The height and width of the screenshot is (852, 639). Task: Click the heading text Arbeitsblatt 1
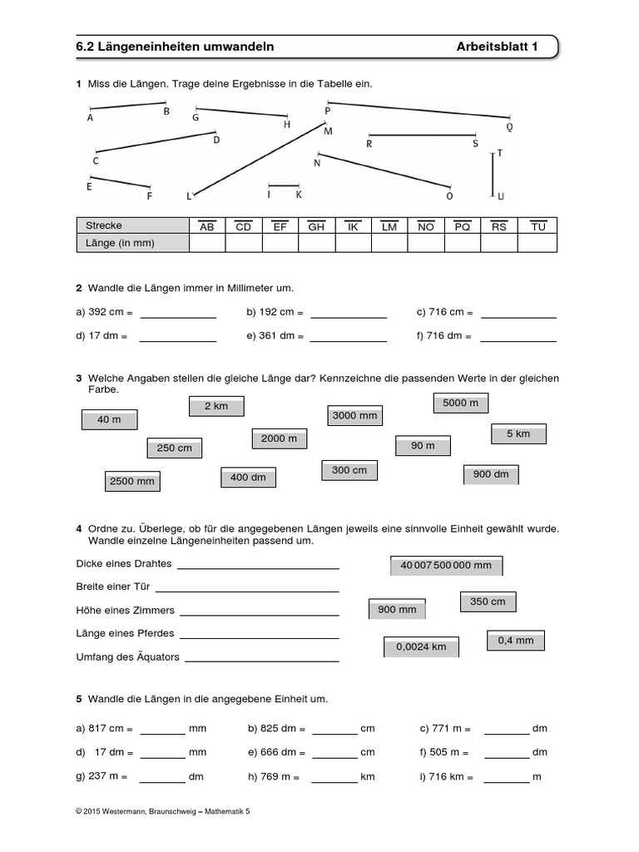coord(497,47)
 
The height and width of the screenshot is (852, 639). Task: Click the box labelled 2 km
coord(215,406)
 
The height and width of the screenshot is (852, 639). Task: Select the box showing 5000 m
coord(460,403)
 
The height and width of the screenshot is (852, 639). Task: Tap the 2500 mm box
coord(132,481)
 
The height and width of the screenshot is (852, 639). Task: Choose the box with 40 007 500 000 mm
coord(446,566)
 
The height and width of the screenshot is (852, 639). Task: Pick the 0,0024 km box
coord(421,646)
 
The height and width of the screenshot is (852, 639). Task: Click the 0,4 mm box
coord(515,641)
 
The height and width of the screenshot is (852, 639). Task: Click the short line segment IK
coord(284,186)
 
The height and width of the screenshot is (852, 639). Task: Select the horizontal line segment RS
coord(422,134)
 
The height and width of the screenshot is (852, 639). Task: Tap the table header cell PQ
coord(463,226)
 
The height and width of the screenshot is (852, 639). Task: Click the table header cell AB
coord(207,226)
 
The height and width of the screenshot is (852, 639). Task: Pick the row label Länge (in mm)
coord(121,243)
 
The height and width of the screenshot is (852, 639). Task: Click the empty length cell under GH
coord(316,243)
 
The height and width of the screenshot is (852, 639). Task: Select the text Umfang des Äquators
coord(127,657)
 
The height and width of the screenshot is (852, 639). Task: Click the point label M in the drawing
coord(328,131)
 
